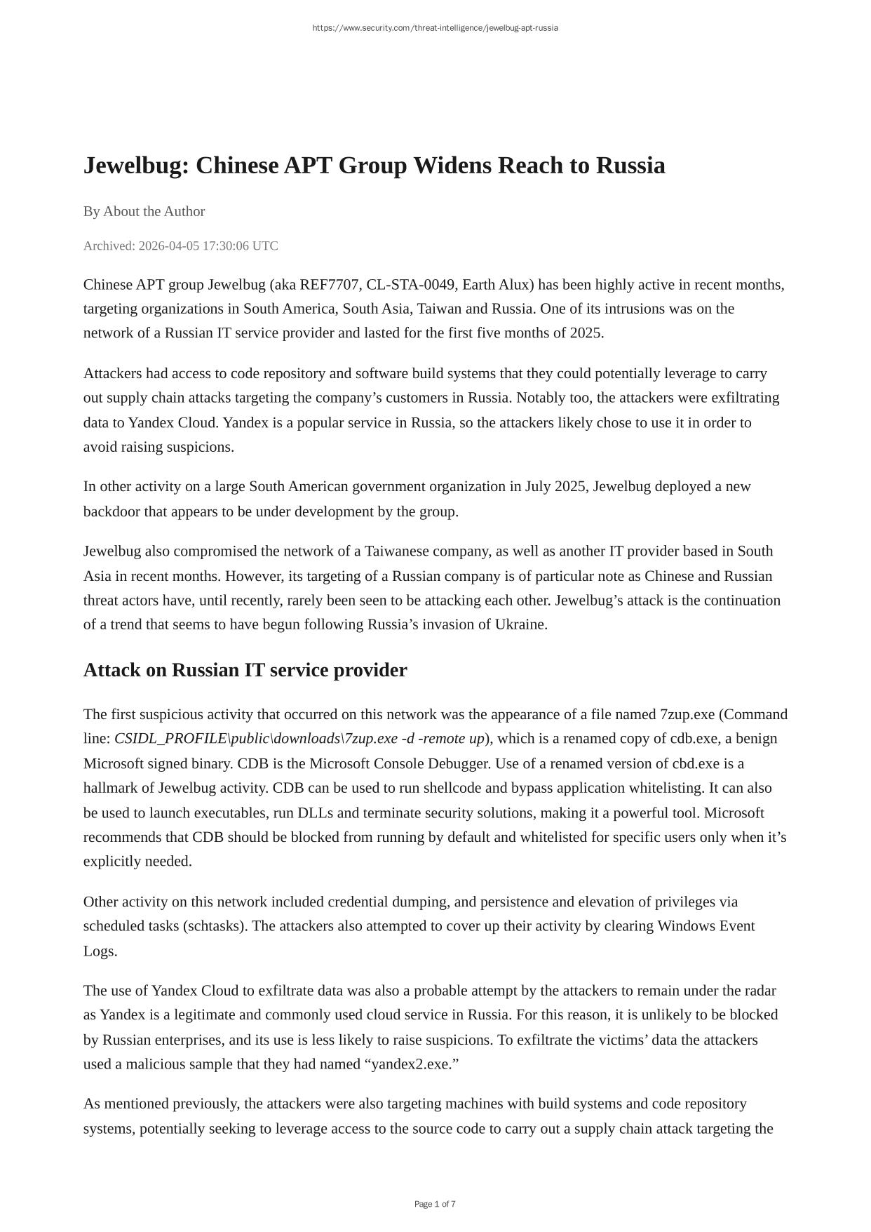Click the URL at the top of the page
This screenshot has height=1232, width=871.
435,28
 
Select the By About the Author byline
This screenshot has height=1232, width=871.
144,211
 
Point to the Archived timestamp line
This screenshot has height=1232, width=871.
180,246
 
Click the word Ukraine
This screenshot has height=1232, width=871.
520,624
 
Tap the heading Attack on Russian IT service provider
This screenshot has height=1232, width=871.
245,670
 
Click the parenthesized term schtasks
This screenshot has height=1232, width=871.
215,926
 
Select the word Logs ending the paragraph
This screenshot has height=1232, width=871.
100,951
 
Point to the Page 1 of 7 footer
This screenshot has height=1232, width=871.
435,1204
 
